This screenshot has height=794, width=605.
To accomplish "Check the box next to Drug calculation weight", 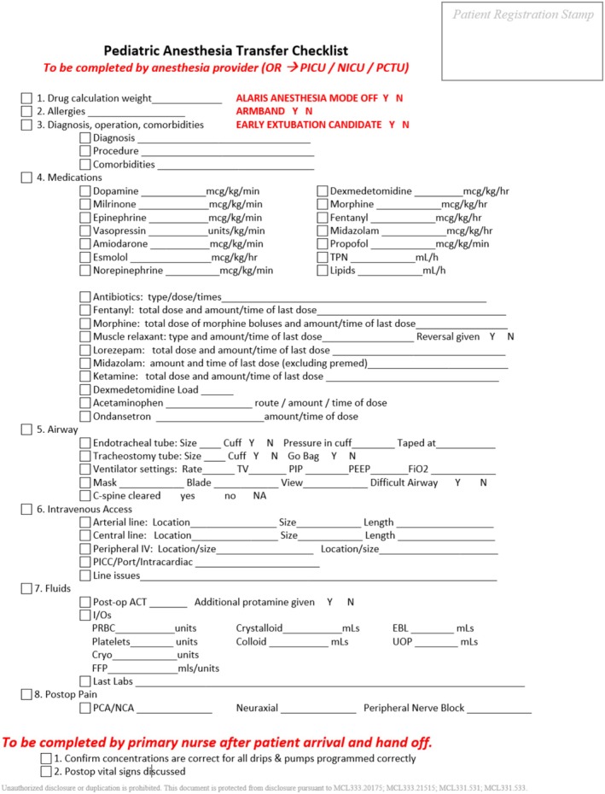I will pyautogui.click(x=26, y=98).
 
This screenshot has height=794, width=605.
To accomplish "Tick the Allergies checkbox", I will pyautogui.click(x=26, y=112).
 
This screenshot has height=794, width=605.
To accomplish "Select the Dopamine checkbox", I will pyautogui.click(x=84, y=191).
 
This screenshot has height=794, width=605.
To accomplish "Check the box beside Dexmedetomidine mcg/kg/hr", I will pyautogui.click(x=323, y=191).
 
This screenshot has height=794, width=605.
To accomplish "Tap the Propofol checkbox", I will pyautogui.click(x=323, y=244).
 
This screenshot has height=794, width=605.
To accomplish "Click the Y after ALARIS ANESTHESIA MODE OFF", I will pyautogui.click(x=386, y=98).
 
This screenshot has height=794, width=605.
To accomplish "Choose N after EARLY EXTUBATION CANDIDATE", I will pyautogui.click(x=405, y=125).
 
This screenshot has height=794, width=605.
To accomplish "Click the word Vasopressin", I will pyautogui.click(x=119, y=231).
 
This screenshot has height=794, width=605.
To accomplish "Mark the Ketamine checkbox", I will pyautogui.click(x=84, y=377).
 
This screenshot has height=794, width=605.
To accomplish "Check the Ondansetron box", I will pyautogui.click(x=84, y=417).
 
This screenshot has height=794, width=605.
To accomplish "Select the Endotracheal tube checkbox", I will pyautogui.click(x=84, y=443).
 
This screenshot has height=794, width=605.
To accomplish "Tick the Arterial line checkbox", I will pyautogui.click(x=84, y=523).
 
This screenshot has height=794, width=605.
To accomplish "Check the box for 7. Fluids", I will pyautogui.click(x=26, y=589).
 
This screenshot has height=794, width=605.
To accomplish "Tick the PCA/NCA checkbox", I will pyautogui.click(x=84, y=709).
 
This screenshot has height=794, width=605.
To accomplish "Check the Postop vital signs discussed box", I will pyautogui.click(x=46, y=771).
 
